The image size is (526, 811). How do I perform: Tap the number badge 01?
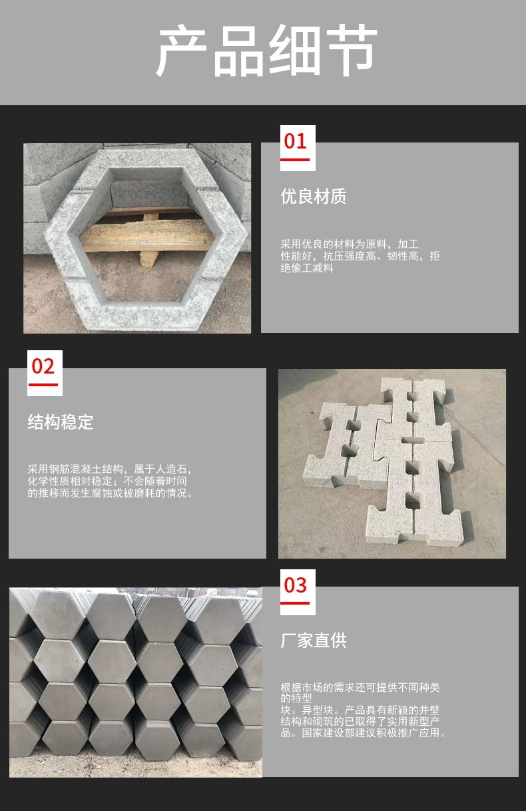tap(295, 141)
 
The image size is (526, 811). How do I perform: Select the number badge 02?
tap(43, 366)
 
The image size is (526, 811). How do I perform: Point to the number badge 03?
tap(295, 585)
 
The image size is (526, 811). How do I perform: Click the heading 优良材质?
tap(314, 196)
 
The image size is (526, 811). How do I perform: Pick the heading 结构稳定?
tap(61, 422)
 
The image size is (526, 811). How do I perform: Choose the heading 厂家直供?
tap(314, 641)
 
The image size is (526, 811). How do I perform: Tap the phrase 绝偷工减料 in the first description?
tap(307, 268)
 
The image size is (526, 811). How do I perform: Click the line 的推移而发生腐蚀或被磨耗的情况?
tap(110, 493)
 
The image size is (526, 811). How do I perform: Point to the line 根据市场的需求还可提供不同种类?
tap(360, 688)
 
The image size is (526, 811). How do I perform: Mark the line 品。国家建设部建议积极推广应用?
tap(364, 733)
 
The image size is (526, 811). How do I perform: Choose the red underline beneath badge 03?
tap(295, 603)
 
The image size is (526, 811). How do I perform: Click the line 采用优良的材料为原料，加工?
tap(350, 245)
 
